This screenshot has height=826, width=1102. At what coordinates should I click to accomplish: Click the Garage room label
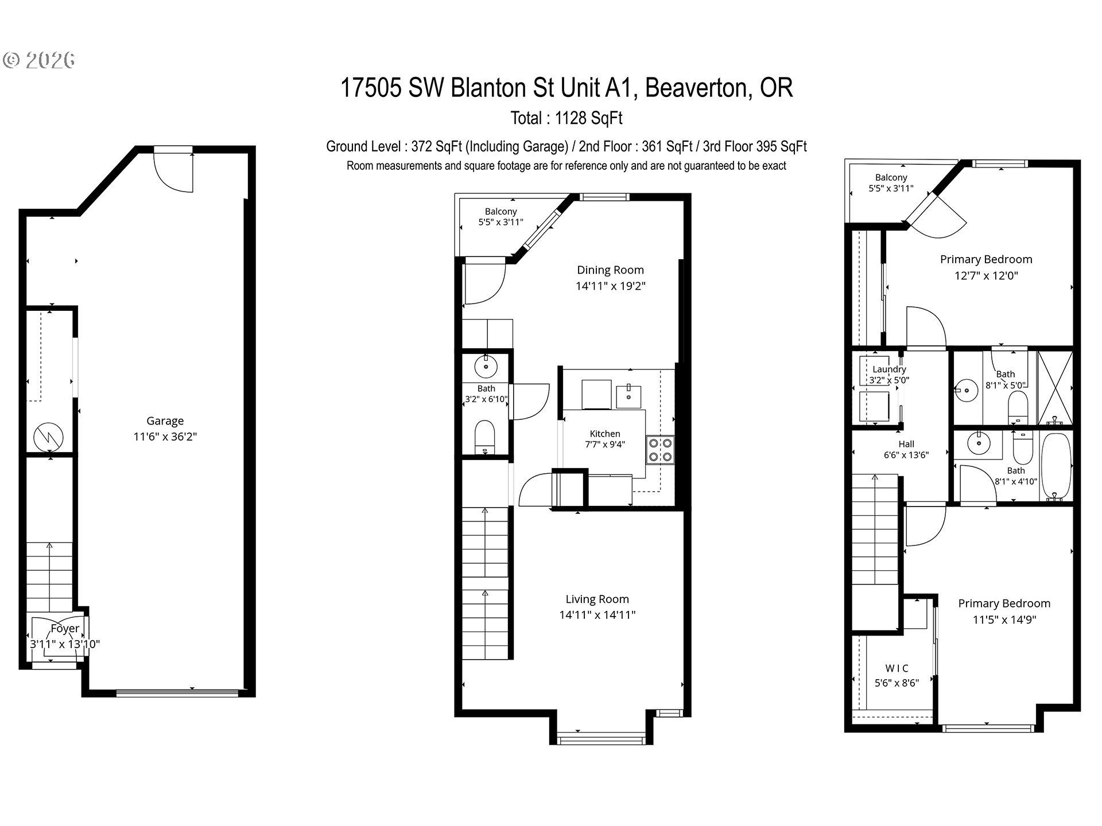pyautogui.click(x=165, y=420)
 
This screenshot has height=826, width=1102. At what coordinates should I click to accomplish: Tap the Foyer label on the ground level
pyautogui.click(x=65, y=628)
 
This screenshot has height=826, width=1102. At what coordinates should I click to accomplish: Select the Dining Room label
pyautogui.click(x=610, y=270)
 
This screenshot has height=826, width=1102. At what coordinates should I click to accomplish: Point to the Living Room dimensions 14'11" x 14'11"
pyautogui.click(x=597, y=615)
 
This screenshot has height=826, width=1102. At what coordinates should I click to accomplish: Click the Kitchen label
pyautogui.click(x=605, y=434)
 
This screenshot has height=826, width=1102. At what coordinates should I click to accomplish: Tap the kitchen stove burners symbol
pyautogui.click(x=661, y=450)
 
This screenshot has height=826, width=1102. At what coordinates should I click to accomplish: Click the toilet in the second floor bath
pyautogui.click(x=485, y=438)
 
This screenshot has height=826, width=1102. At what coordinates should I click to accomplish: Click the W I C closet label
pyautogui.click(x=897, y=668)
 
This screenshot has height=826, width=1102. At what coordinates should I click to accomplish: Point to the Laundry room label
pyautogui.click(x=889, y=369)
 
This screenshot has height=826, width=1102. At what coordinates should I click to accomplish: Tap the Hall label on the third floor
pyautogui.click(x=906, y=443)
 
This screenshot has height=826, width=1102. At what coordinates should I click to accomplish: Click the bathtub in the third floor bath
pyautogui.click(x=1056, y=466)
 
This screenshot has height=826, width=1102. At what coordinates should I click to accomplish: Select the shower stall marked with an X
pyautogui.click(x=1055, y=388)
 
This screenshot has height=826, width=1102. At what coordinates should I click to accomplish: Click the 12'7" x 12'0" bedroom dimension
pyautogui.click(x=986, y=275)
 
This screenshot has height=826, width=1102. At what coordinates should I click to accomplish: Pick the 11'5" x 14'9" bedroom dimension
pyautogui.click(x=1004, y=619)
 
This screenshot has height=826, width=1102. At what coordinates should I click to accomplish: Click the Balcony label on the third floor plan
pyautogui.click(x=891, y=178)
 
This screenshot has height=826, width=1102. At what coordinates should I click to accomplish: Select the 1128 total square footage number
pyautogui.click(x=572, y=118)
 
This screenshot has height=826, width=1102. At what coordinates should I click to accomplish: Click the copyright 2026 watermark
pyautogui.click(x=39, y=60)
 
